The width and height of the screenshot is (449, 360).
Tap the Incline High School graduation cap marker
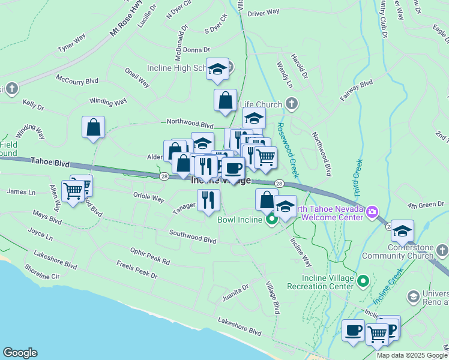point(217,68)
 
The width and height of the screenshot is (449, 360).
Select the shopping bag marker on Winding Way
point(93,127)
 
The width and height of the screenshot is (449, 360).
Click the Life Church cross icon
point(291,104)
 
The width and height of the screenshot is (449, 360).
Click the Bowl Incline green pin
point(271,219)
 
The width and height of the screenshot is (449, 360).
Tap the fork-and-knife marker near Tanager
point(208,200)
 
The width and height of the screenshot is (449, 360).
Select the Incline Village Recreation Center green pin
point(363,280)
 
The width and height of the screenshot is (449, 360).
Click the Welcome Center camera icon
point(372,211)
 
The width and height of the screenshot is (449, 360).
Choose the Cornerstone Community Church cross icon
point(441,249)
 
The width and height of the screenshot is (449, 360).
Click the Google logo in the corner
point(20,353)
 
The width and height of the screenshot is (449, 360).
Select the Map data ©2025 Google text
point(412,355)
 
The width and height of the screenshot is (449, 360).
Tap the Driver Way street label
point(264,12)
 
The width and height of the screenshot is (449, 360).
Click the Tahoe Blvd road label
point(50,162)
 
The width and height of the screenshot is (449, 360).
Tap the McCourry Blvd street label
point(76,79)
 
